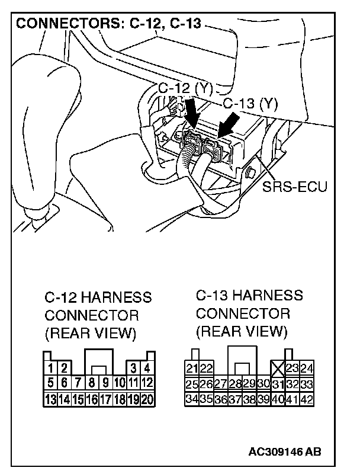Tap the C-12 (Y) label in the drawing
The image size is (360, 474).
click(x=185, y=88)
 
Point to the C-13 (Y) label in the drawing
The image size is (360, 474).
click(x=250, y=104)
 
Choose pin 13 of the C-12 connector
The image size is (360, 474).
click(x=52, y=399)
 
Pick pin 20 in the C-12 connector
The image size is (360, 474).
click(x=147, y=399)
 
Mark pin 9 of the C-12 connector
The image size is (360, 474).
click(x=106, y=384)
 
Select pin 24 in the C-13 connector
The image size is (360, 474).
click(x=307, y=369)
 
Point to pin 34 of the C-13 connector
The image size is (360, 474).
click(x=192, y=398)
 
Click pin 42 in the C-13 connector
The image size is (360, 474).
click(x=307, y=398)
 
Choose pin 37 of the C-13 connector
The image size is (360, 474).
click(x=235, y=398)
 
